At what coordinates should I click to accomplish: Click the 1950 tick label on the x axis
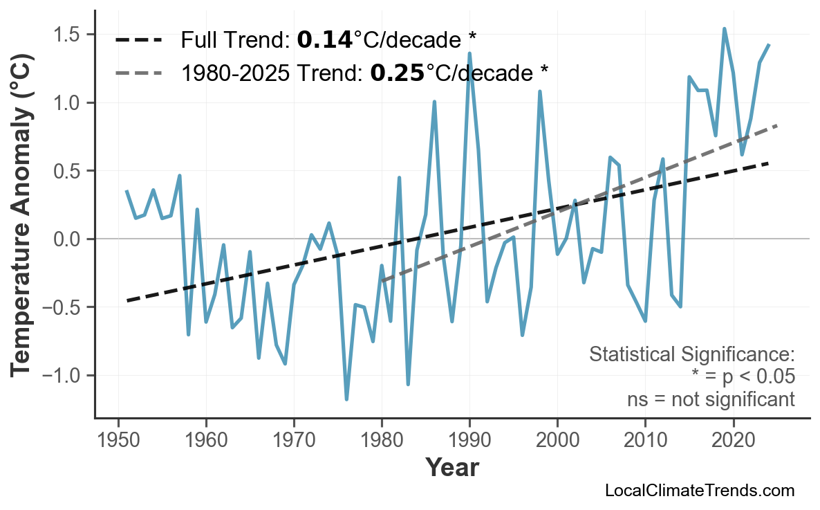pos(118,439)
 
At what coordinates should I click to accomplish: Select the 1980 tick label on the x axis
pos(382,439)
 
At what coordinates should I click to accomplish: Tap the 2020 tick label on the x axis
pos(733,439)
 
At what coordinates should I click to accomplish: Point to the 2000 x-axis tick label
pos(557,439)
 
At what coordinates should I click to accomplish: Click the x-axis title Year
pos(451,468)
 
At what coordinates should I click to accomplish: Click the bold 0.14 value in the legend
pos(324,40)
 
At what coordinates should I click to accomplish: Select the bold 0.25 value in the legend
pos(397,73)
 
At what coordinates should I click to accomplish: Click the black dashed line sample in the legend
pos(139,40)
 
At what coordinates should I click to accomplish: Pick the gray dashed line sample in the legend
pos(139,73)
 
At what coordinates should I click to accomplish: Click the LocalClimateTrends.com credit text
pos(699,491)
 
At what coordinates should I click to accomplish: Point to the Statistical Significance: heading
pos(691,354)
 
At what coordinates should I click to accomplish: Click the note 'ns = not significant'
pos(711,399)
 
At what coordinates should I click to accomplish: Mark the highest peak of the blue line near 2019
pos(724,28)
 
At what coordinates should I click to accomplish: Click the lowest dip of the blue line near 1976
pos(346,399)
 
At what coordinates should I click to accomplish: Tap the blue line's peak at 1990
pos(469,53)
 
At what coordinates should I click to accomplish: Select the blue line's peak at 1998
pos(539,91)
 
